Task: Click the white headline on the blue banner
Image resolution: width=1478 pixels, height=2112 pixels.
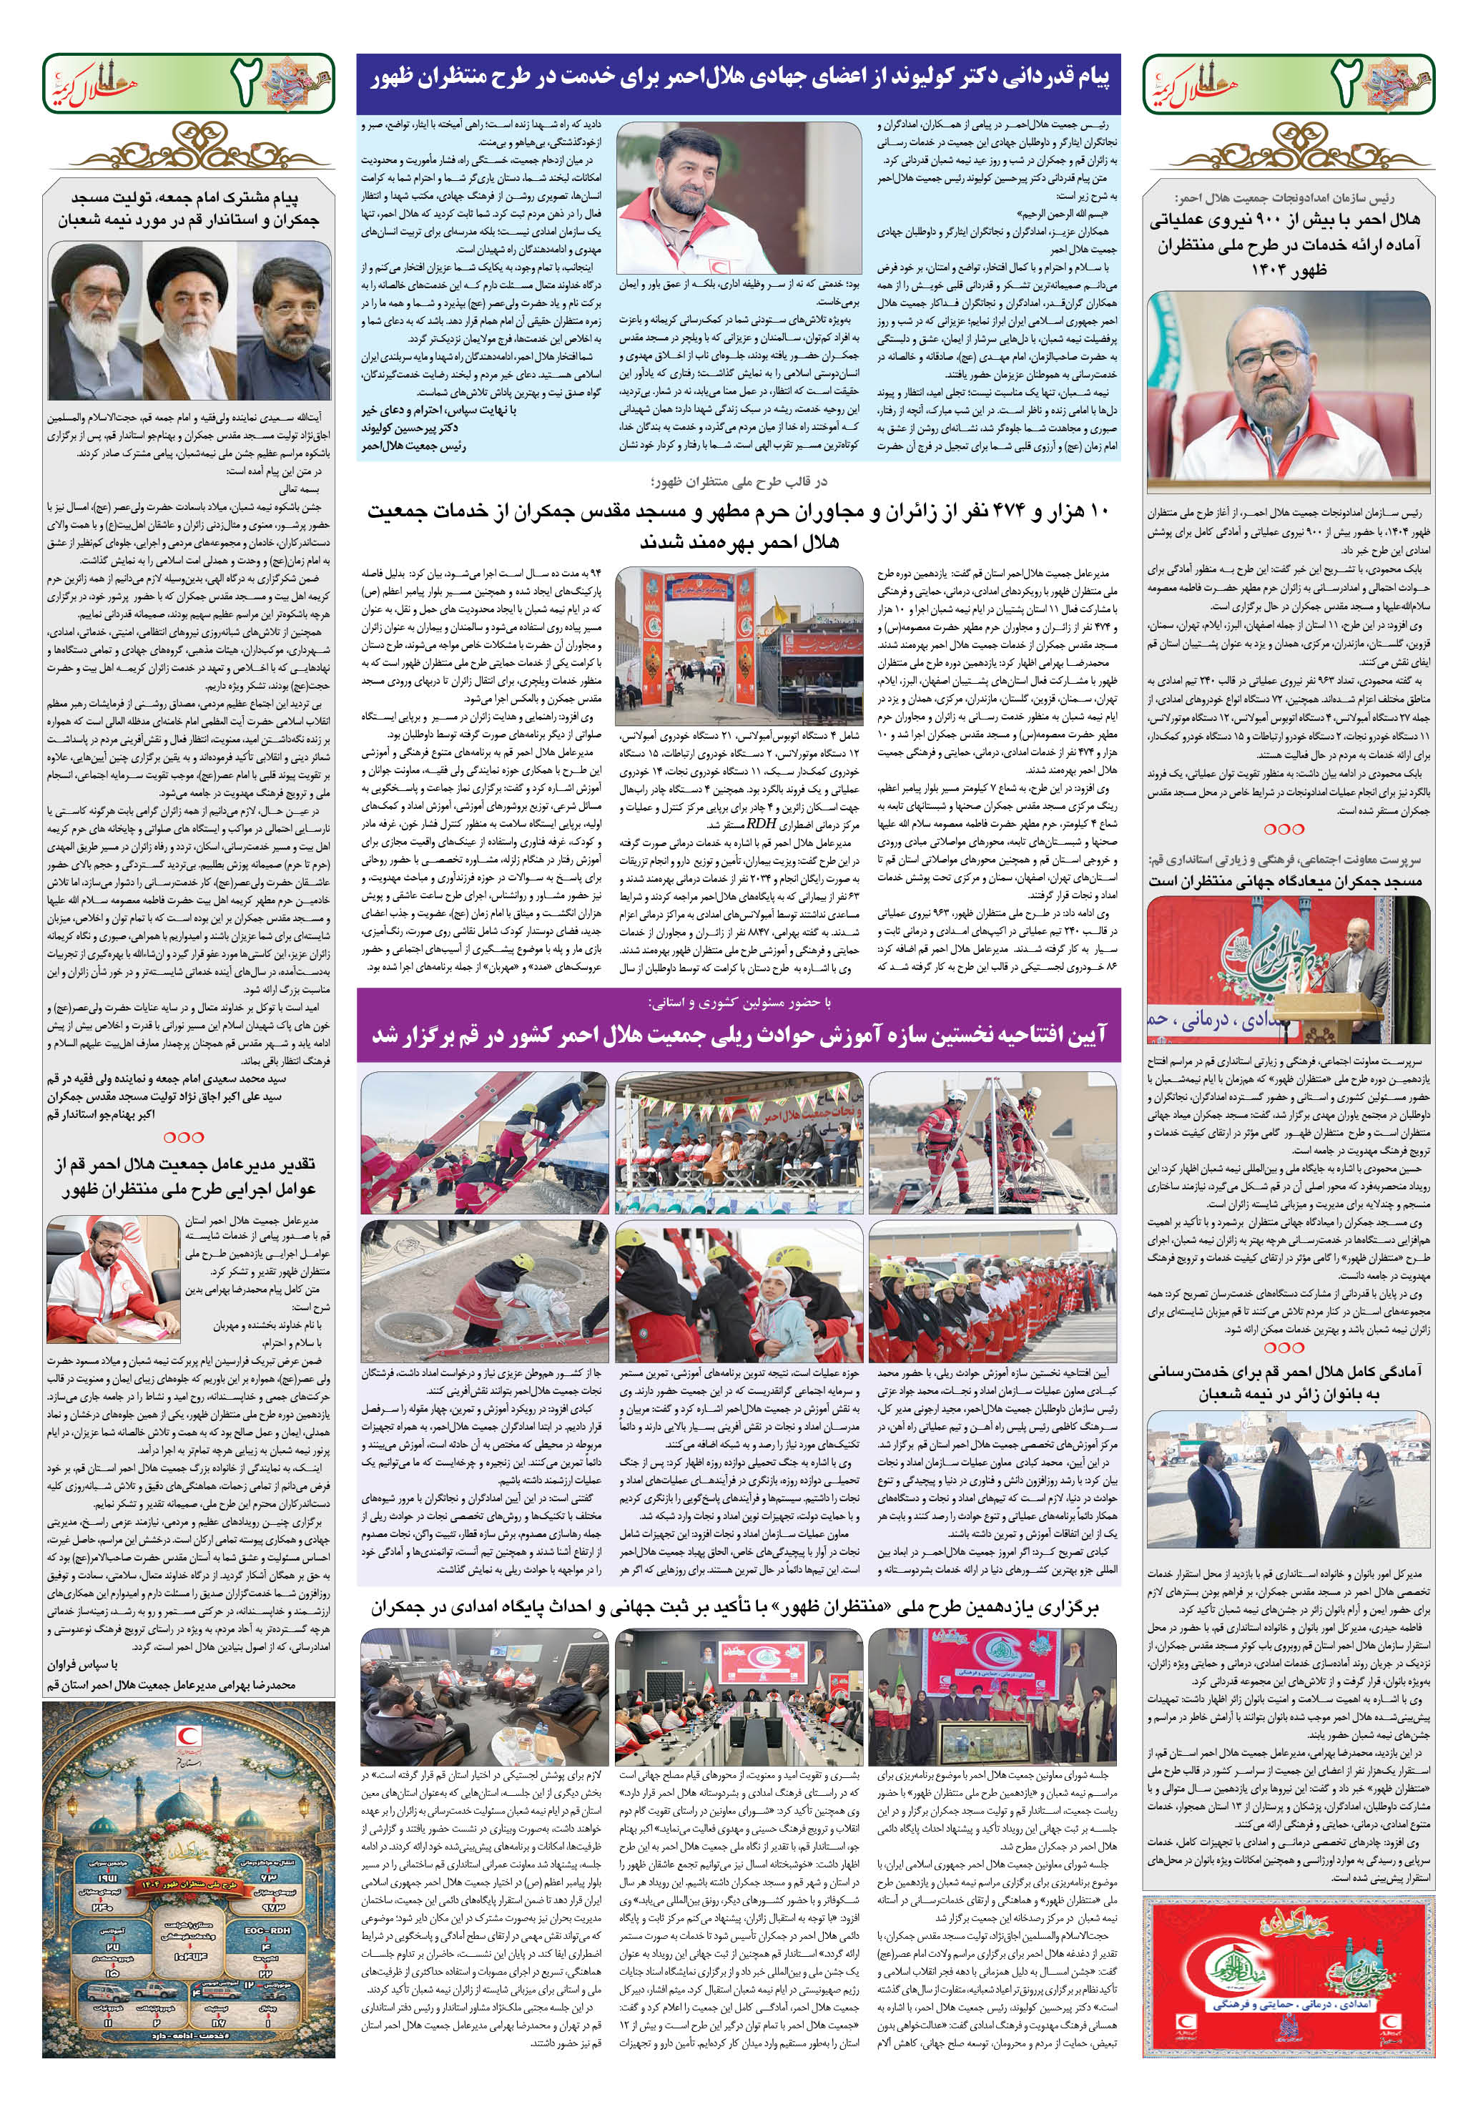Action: coord(739,79)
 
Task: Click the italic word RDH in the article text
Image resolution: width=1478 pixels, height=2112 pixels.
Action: coord(759,823)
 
